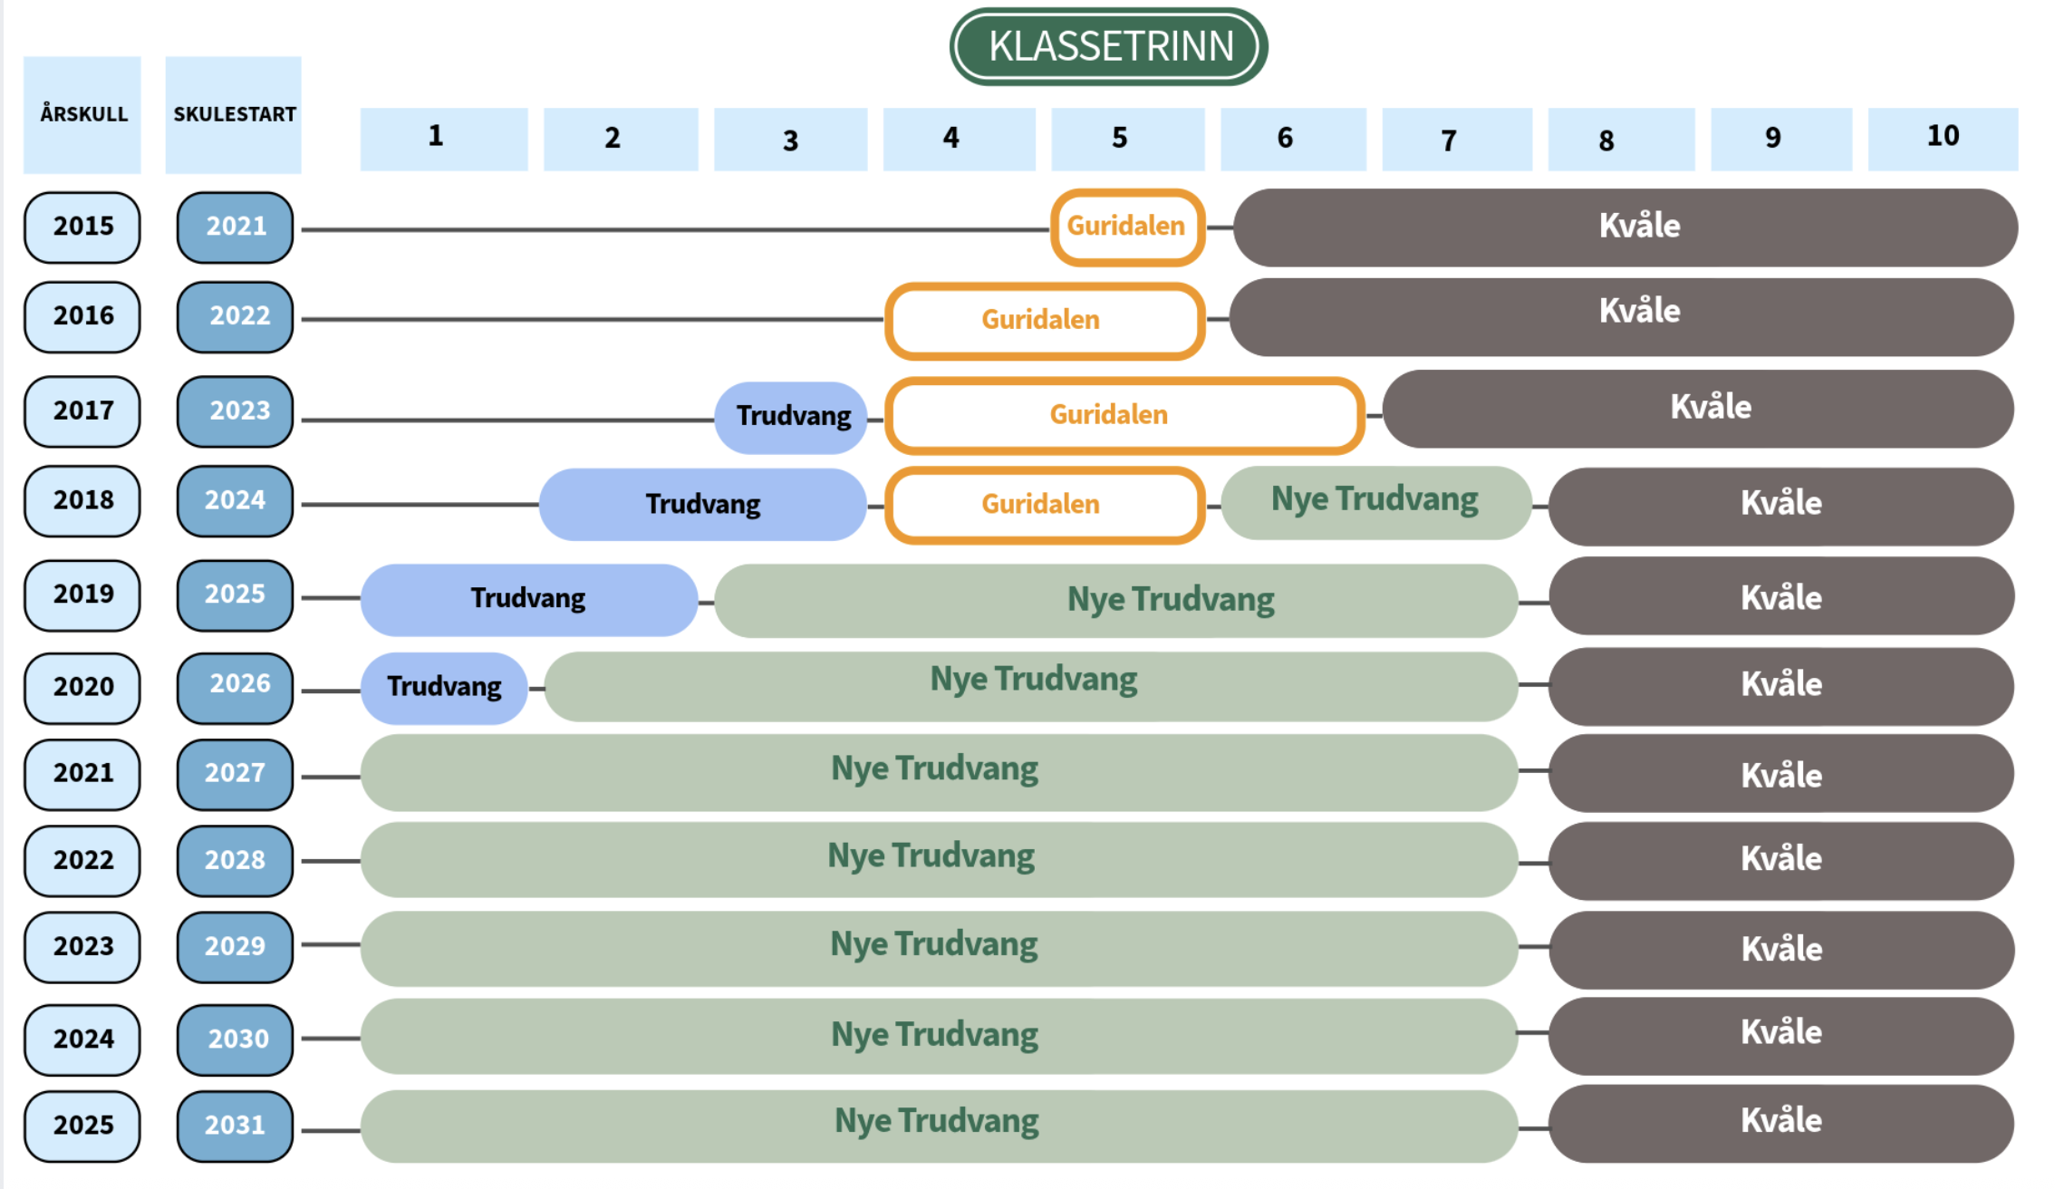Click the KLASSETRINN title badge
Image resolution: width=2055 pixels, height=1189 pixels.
point(1108,46)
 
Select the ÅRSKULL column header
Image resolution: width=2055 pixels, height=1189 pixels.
point(82,114)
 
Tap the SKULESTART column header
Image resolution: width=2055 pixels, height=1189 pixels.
point(234,114)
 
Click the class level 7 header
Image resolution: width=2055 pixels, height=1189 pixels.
point(1456,140)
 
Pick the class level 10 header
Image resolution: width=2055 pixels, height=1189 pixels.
point(1943,138)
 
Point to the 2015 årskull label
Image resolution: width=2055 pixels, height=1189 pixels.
point(82,227)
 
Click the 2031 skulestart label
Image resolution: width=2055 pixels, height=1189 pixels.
point(235,1125)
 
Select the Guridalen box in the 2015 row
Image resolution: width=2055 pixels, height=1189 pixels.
point(1127,227)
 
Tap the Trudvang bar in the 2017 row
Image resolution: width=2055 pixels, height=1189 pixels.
point(792,417)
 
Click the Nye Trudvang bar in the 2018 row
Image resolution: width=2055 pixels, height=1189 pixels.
point(1375,502)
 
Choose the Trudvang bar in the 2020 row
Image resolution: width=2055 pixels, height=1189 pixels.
point(444,687)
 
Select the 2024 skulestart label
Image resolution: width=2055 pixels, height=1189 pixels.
point(235,500)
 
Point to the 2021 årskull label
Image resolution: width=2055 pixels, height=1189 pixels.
point(82,773)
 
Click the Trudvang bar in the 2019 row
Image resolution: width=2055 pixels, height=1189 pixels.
point(528,599)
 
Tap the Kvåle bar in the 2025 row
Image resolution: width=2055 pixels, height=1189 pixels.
point(1780,1122)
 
